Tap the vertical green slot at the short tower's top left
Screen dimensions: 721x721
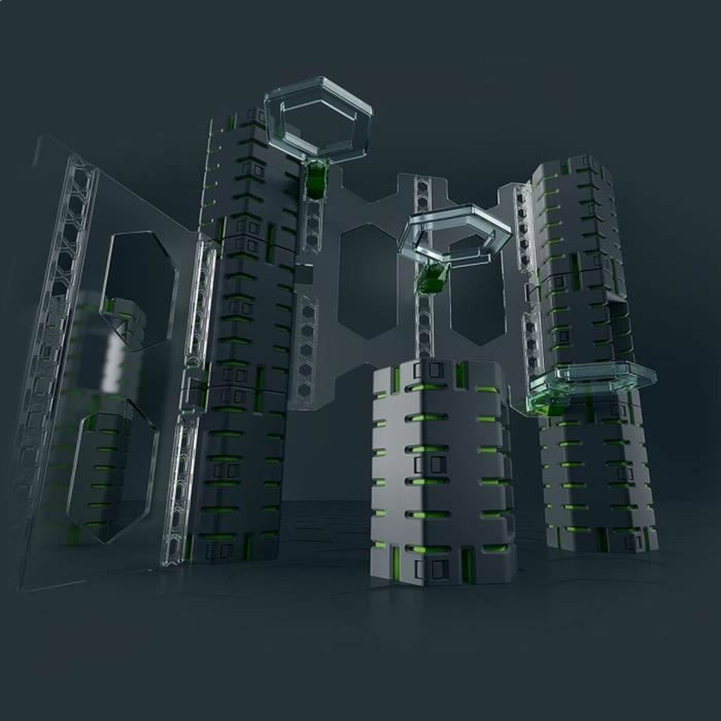(x=397, y=378)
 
